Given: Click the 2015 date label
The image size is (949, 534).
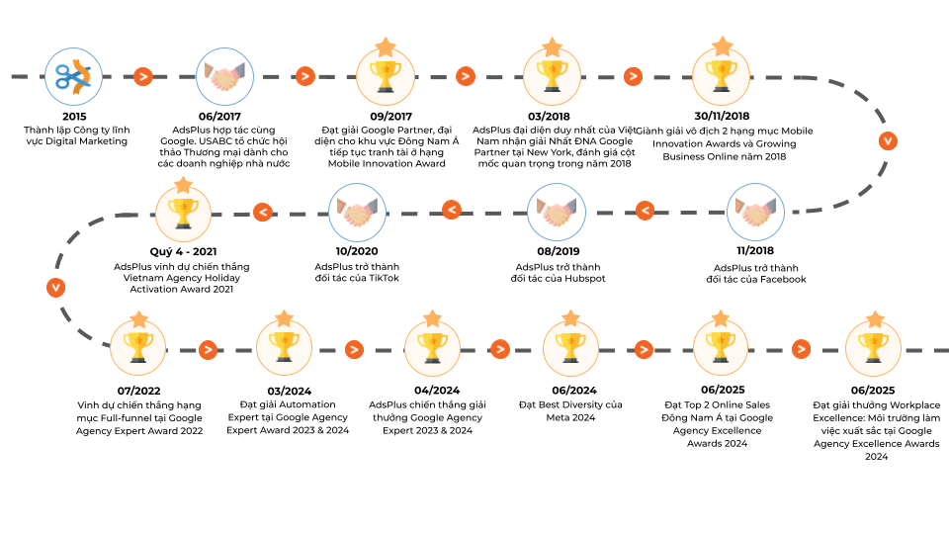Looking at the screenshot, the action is pos(74,117).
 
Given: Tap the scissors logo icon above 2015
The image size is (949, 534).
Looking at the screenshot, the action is pos(73,77).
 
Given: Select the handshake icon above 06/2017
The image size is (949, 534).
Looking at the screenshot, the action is pos(224,77).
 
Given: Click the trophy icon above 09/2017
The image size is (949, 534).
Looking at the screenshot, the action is pos(386,77).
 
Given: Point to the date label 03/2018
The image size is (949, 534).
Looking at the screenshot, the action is pos(549,117).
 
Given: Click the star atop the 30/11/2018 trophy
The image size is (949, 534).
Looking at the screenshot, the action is pos(723,46).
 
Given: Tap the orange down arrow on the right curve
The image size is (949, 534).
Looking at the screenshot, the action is pos(888,141).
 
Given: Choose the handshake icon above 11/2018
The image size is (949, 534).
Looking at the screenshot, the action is pos(755,212).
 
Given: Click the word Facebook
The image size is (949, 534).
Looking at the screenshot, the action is pos(783,279).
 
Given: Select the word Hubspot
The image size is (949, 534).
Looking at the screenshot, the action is pos(585,279).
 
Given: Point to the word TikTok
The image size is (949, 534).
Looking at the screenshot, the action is pos(384,278).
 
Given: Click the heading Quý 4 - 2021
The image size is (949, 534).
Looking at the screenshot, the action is pos(184,251).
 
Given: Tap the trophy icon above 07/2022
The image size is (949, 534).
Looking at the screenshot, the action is pos(138,348).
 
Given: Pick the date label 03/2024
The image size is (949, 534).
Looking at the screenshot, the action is pos(290,392).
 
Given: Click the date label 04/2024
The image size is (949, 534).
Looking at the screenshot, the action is pos(437,391).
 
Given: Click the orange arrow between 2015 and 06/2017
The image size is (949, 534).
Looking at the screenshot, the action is pos(142,76).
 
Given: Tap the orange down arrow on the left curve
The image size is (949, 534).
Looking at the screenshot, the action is pos(55,287).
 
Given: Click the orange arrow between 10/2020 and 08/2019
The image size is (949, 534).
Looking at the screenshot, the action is pos(452,210).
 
